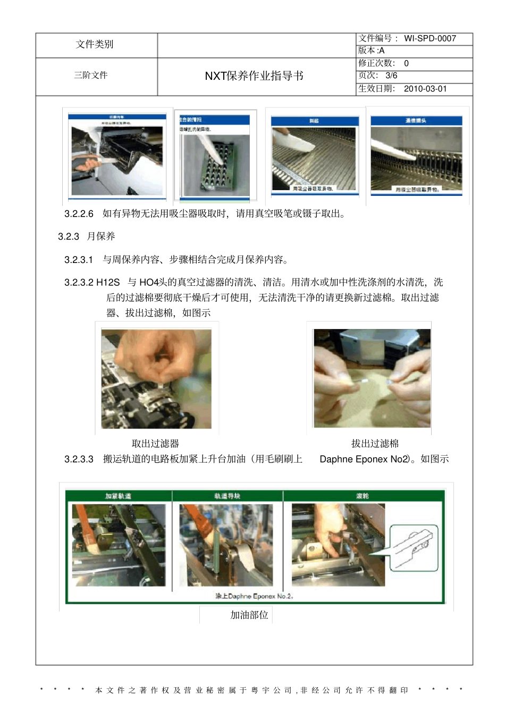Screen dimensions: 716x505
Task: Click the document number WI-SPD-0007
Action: (x=430, y=38)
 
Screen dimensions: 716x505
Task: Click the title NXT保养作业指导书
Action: (x=254, y=76)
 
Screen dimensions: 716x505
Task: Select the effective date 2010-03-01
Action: (x=425, y=88)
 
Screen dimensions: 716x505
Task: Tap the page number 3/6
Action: (x=391, y=76)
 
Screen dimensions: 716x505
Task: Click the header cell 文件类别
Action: (x=95, y=44)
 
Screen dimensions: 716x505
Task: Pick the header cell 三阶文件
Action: (x=91, y=75)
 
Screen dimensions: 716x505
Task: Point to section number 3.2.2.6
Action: (x=79, y=213)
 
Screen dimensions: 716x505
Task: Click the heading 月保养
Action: (x=101, y=236)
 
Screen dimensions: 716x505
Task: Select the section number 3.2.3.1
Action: (x=79, y=260)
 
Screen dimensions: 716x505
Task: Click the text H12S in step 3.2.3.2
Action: (x=108, y=282)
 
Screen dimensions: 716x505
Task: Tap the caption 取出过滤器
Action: (x=155, y=443)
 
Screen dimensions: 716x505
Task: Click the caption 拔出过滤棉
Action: (x=375, y=443)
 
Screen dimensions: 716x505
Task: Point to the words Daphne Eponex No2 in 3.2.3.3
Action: (x=365, y=459)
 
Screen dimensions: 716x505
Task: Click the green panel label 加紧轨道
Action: (x=118, y=496)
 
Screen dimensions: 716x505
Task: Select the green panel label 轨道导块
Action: (x=227, y=496)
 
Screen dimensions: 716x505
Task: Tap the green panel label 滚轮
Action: (x=363, y=496)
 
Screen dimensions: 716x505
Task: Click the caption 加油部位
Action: (x=249, y=615)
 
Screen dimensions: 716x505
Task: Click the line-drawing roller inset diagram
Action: (x=414, y=548)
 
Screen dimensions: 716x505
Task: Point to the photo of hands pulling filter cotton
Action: (x=372, y=378)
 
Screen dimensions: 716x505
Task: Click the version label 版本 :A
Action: (x=371, y=51)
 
